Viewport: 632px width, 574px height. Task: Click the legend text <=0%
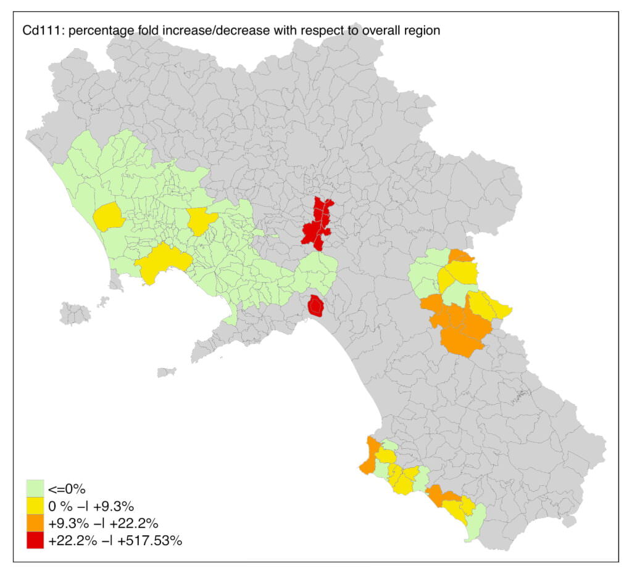pos(66,490)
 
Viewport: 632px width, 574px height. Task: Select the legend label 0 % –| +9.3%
pos(91,507)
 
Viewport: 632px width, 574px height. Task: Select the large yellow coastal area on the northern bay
pos(162,262)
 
